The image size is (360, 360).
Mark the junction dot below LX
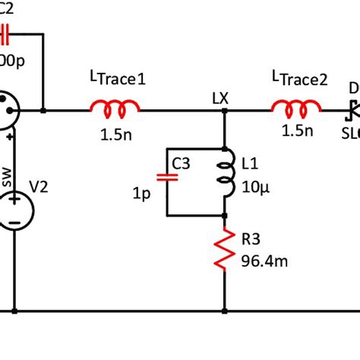pos(226,111)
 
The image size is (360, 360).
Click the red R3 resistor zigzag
pos(226,251)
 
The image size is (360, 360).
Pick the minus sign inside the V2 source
pos(14,223)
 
